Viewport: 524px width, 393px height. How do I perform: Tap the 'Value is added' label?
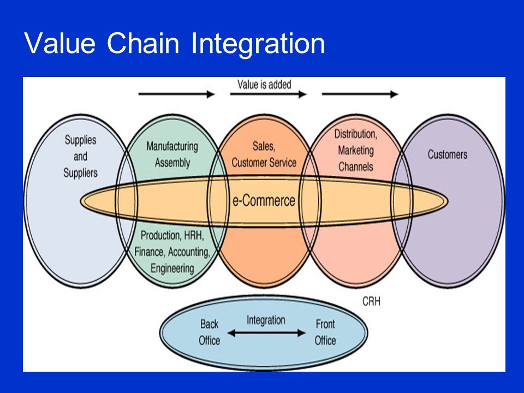pos(264,84)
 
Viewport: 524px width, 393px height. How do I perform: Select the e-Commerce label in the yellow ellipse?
pos(264,200)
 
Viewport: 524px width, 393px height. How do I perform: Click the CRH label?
pos(371,301)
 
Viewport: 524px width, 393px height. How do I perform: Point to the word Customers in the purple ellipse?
pos(448,154)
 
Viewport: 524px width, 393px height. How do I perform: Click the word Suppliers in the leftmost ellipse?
pos(81,173)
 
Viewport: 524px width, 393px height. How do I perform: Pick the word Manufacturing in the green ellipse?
pos(172,146)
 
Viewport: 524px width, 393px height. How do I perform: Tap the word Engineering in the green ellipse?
pos(172,269)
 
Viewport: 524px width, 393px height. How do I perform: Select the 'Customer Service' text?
pos(264,163)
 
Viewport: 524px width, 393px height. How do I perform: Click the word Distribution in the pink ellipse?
pos(355,134)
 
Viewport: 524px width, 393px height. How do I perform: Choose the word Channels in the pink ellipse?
pos(355,166)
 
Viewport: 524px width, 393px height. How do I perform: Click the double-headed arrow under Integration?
pos(266,333)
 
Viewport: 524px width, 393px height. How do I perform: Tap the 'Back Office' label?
pos(209,332)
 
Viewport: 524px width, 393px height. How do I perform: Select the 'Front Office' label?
pos(325,332)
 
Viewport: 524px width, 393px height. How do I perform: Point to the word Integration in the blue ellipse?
pos(266,320)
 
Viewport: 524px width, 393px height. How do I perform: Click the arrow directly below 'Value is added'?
pos(269,94)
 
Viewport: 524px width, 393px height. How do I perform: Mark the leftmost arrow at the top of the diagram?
pos(176,94)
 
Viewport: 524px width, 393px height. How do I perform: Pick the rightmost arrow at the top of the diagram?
pos(360,94)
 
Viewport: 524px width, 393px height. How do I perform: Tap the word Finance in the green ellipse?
pos(150,252)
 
